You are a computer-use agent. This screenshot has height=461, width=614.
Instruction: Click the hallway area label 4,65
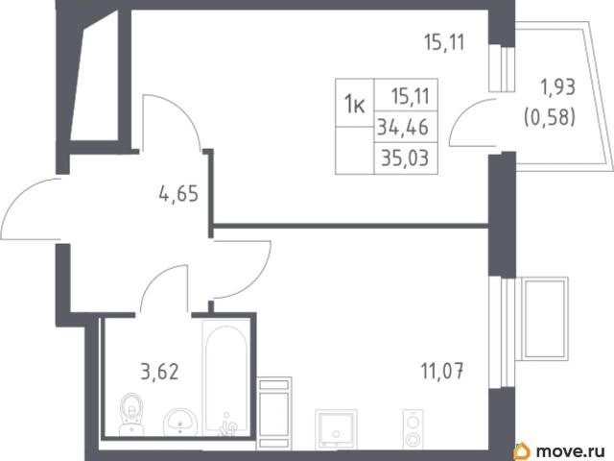point(178,193)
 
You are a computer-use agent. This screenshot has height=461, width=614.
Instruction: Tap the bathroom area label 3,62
point(159,372)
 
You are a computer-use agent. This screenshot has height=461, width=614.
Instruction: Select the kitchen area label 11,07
point(442,371)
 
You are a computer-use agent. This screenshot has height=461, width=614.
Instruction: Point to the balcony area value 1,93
point(557,87)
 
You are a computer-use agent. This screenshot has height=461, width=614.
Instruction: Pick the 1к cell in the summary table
point(354,104)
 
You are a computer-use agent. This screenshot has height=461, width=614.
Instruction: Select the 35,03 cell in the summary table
point(406,158)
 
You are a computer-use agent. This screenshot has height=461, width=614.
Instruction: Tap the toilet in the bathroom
point(131,414)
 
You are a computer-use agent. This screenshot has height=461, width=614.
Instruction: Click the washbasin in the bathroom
point(179,422)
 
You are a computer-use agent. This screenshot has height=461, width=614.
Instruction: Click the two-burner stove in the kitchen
point(413,429)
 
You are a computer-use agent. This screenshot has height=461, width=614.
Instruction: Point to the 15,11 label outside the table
point(444,42)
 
